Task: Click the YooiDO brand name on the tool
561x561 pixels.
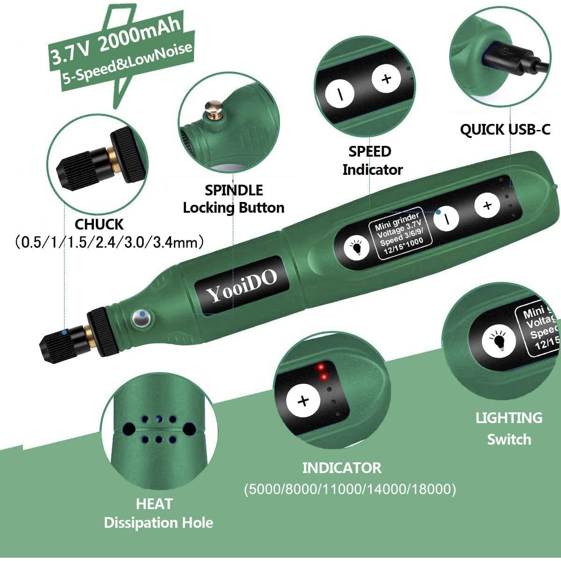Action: (x=241, y=286)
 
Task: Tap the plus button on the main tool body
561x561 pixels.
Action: (x=487, y=205)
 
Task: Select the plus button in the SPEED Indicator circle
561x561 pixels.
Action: (x=386, y=79)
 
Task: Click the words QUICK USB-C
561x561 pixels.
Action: (x=505, y=129)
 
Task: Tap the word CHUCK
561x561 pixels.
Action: (x=99, y=224)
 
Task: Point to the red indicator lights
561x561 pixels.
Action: (x=322, y=372)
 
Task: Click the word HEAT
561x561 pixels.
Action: (x=154, y=504)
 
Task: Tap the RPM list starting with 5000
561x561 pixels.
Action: (x=350, y=489)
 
